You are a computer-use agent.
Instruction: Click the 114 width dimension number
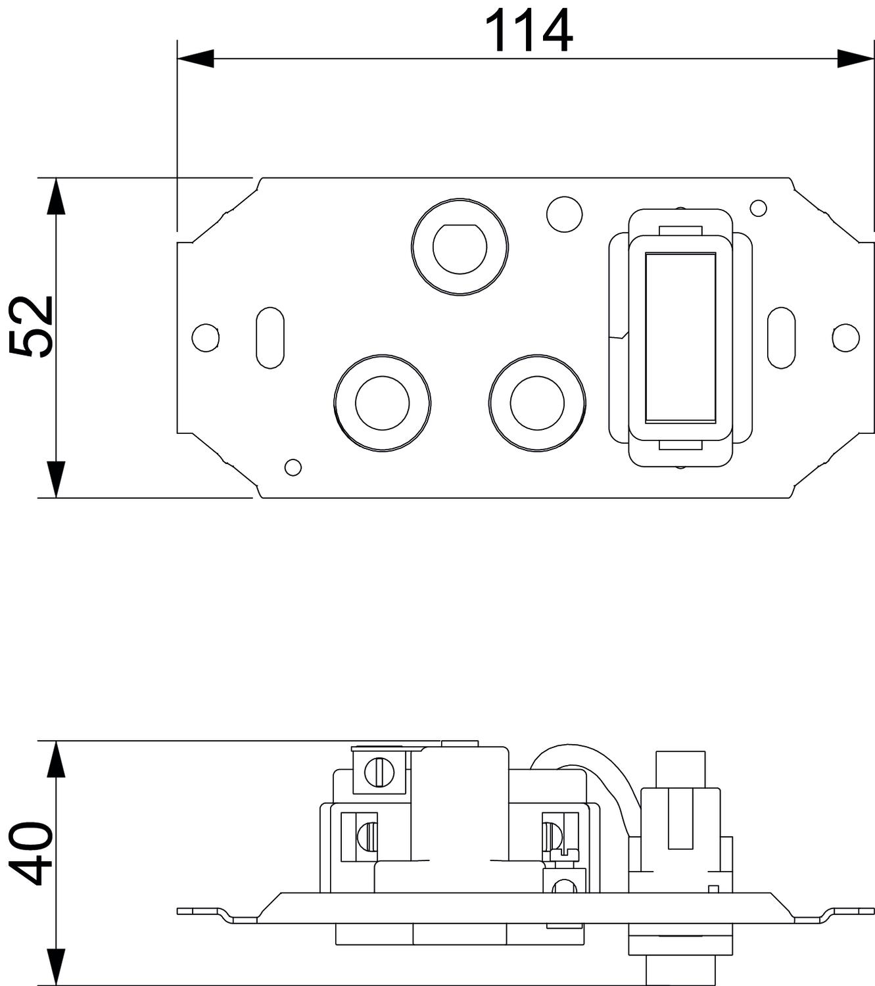529,31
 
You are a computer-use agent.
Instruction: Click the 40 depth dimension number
31,852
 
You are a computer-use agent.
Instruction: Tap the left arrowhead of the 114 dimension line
196,59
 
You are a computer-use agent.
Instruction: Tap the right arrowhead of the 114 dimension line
855,59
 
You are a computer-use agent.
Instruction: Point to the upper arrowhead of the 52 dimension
57,196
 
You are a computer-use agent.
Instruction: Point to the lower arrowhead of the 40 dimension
57,967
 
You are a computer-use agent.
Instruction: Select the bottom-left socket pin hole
382,403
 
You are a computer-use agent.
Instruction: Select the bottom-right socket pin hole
537,403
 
